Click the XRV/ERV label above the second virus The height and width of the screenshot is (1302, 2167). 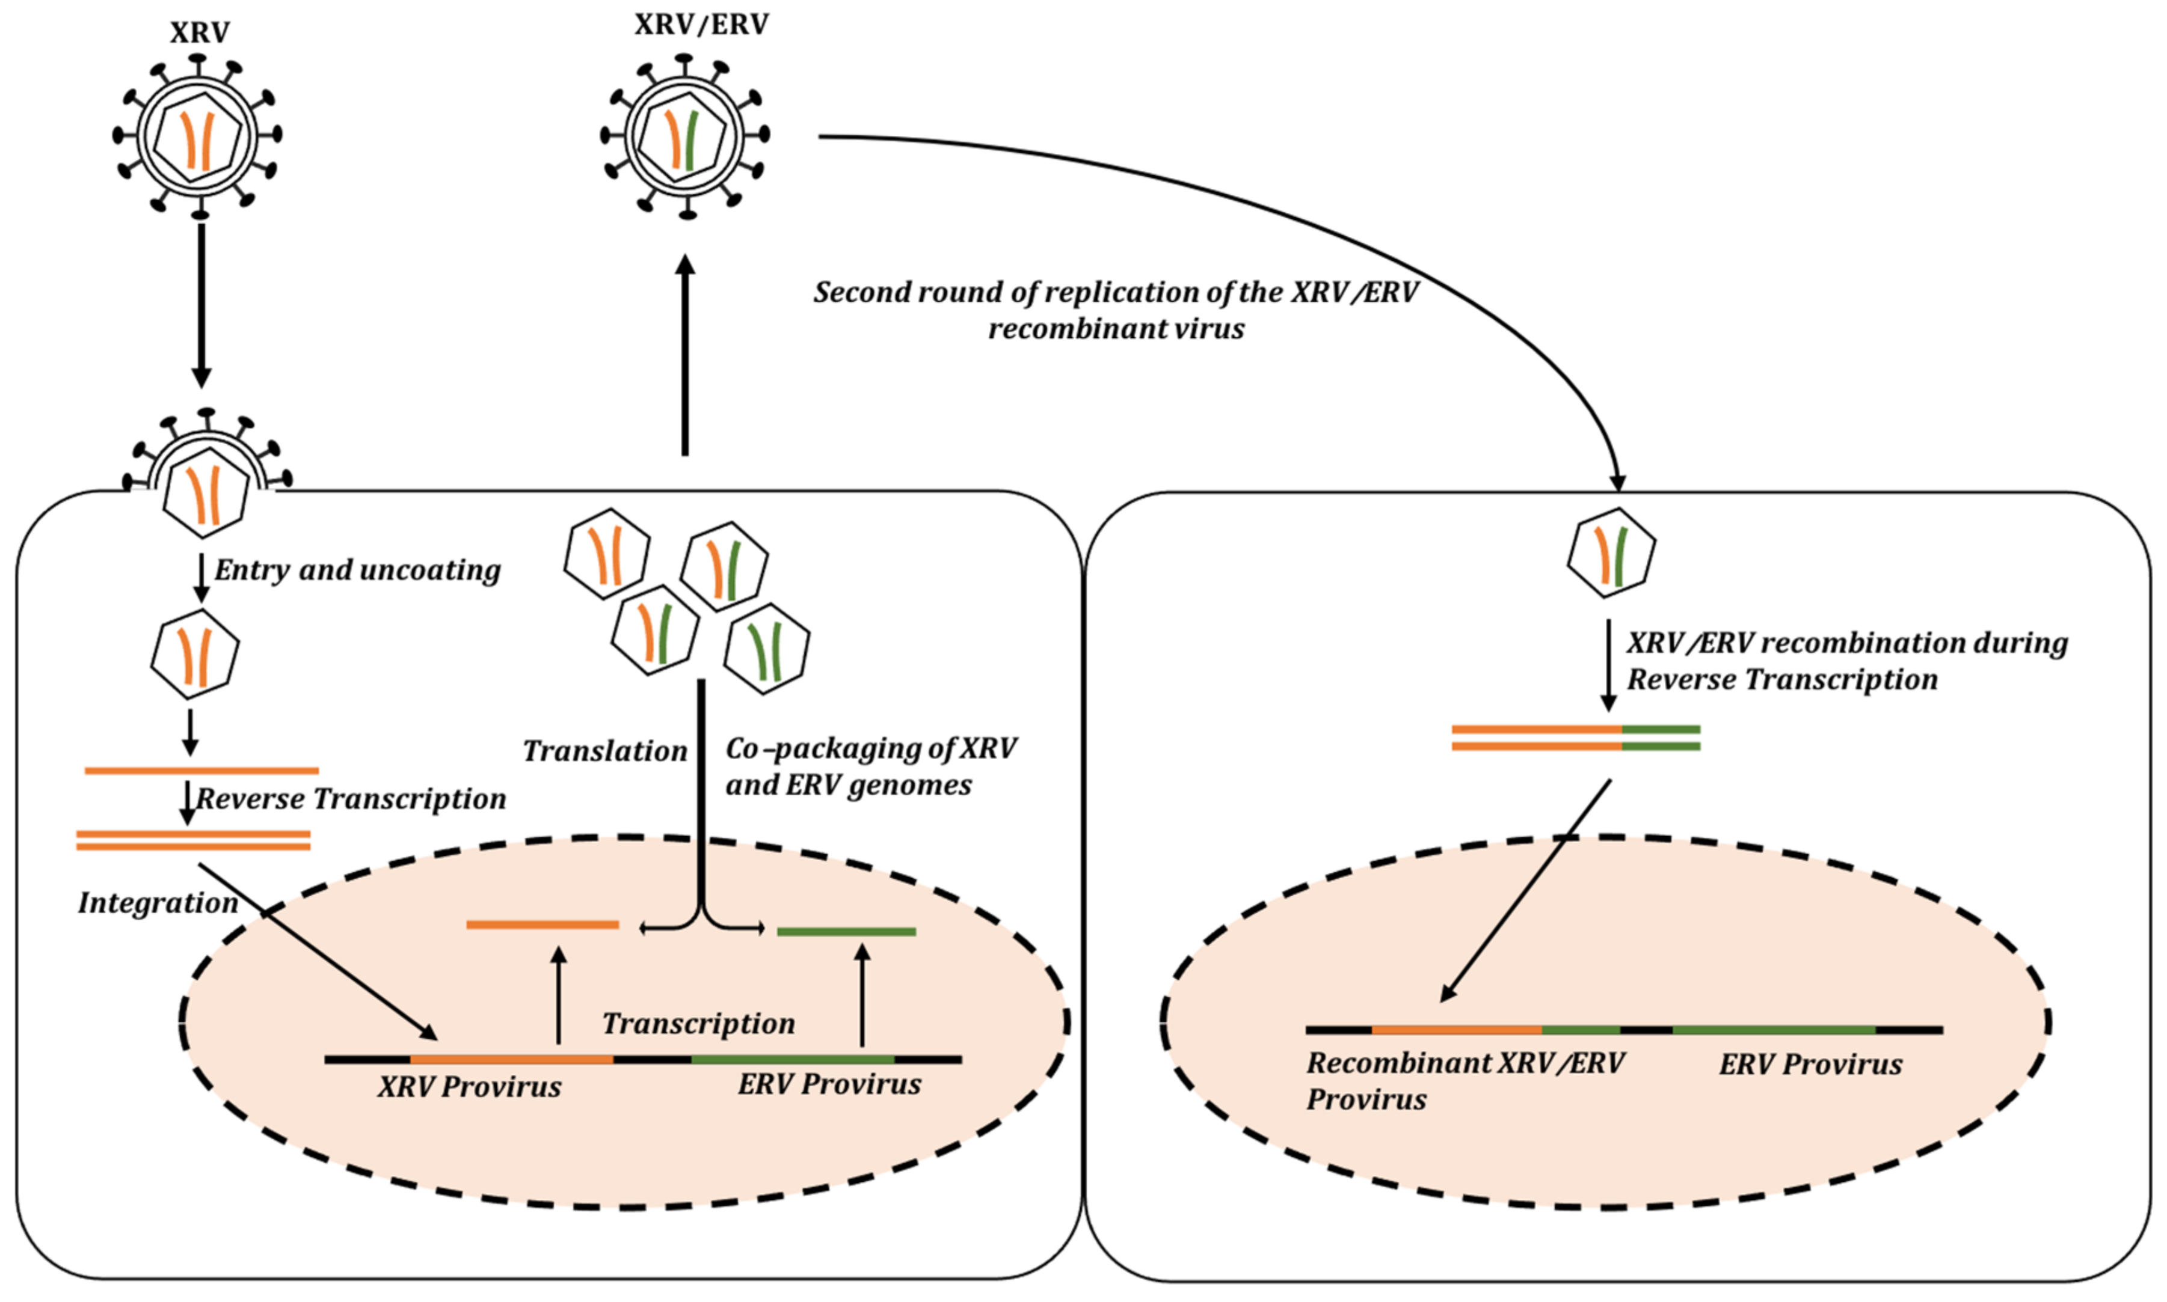[x=701, y=25]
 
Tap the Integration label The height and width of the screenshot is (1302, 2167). [x=158, y=903]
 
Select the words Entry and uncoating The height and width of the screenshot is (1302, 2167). [x=357, y=570]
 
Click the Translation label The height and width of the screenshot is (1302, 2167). [x=604, y=751]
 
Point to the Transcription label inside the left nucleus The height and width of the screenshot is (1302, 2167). [x=699, y=1024]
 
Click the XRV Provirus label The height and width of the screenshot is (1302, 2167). [x=470, y=1087]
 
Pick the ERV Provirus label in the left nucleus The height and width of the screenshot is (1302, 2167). [x=829, y=1084]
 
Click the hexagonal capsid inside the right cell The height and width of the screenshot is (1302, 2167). [x=1611, y=554]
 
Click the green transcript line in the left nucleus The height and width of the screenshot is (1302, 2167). [x=846, y=932]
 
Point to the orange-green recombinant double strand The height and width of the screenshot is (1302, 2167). [x=1575, y=738]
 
